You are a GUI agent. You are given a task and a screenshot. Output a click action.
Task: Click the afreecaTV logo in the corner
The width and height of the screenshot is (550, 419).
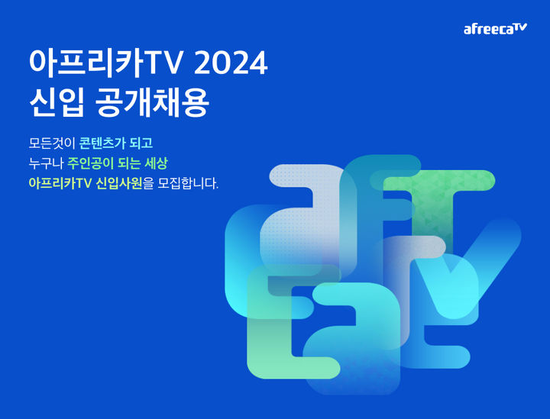[495, 29]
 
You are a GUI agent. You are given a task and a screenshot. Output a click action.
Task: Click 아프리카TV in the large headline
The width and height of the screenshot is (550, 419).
[106, 65]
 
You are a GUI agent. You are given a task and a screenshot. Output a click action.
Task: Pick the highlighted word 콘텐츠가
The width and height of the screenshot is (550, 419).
[106, 143]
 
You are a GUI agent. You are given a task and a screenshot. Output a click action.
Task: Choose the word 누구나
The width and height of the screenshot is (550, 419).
[43, 163]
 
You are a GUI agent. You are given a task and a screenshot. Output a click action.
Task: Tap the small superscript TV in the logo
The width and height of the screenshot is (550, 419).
[519, 27]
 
